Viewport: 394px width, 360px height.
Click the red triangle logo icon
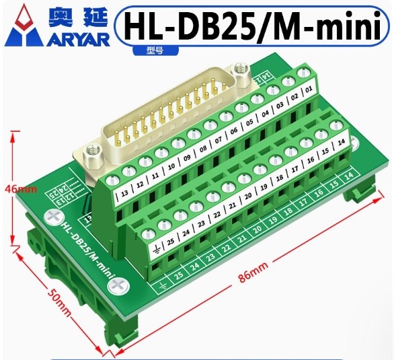[22, 26]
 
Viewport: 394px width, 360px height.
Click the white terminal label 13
[123, 195]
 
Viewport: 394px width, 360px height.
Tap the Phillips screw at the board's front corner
[120, 285]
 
